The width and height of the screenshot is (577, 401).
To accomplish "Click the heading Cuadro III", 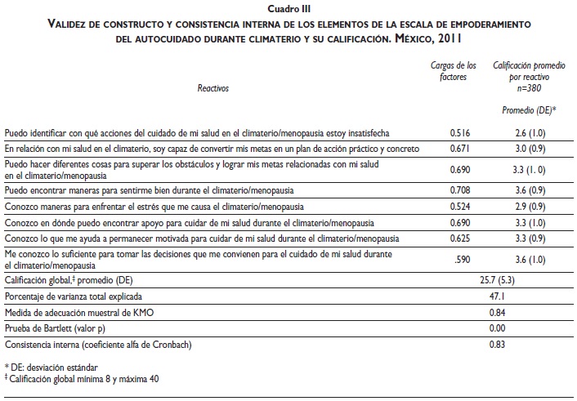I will coord(288,9).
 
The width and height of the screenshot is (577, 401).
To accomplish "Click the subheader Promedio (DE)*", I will coord(529,109).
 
